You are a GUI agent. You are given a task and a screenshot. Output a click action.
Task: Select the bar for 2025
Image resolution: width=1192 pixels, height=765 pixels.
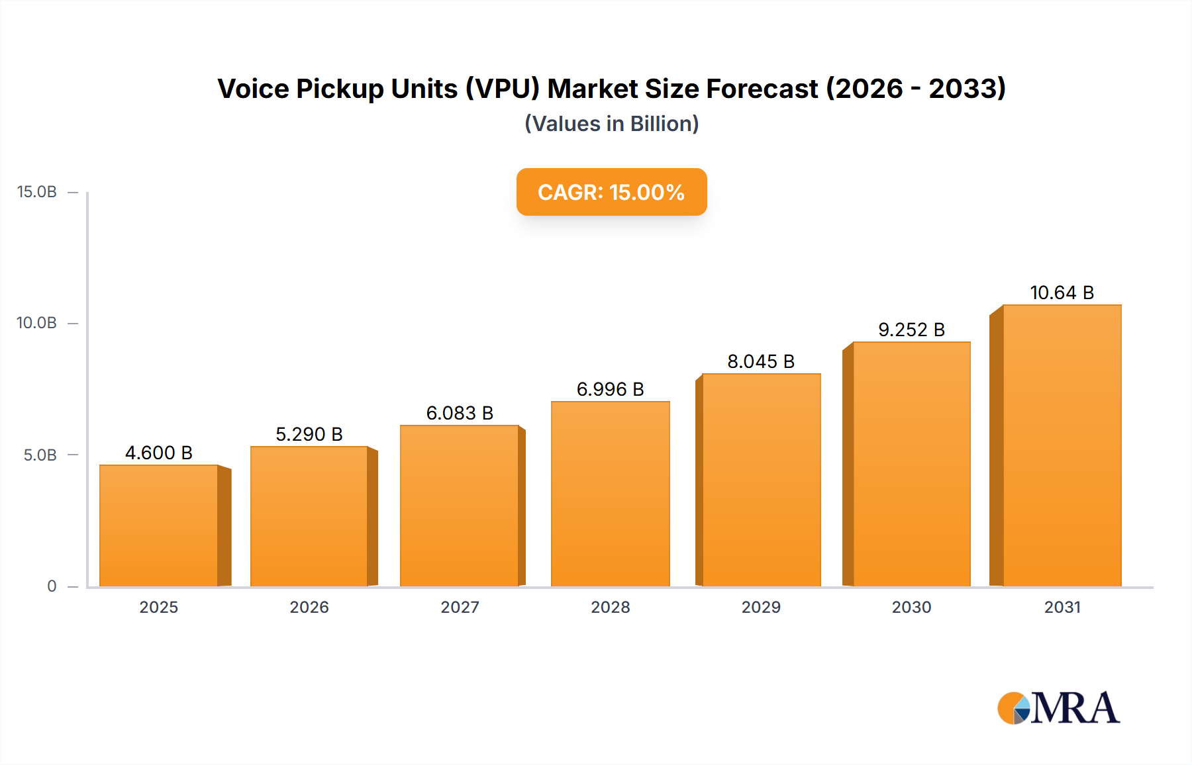click(159, 525)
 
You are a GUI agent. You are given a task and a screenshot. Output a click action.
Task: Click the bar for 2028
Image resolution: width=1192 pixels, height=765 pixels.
click(610, 494)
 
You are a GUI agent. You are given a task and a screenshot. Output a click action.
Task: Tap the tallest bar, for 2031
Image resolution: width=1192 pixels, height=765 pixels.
click(1062, 445)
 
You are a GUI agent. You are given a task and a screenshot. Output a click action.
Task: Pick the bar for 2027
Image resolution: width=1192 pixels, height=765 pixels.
click(460, 506)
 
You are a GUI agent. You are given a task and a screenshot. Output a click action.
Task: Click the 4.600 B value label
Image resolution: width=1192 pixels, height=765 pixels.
click(159, 453)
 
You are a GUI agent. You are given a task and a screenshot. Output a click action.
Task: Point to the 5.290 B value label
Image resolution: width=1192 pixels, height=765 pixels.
click(309, 434)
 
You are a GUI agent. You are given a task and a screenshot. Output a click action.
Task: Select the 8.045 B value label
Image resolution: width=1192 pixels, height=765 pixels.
click(761, 361)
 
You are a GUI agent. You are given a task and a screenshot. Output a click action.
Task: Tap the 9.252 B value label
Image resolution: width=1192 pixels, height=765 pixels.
click(911, 330)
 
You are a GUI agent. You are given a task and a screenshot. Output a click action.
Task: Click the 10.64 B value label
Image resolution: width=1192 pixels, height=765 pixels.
click(1062, 292)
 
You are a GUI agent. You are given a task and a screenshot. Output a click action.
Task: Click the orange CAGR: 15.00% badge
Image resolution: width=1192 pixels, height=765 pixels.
click(611, 192)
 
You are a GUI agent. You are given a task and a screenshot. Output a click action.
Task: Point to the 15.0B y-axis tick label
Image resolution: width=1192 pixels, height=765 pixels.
click(37, 192)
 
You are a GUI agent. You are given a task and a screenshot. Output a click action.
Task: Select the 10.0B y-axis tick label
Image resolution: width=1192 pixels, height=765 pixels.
click(37, 323)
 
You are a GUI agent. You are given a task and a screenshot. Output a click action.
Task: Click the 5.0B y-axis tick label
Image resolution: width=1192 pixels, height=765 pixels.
click(40, 455)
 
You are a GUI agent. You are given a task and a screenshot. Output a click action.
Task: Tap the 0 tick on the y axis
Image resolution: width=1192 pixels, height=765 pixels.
click(52, 586)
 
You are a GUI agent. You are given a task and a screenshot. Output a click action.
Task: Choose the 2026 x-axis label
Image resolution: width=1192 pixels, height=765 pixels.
click(309, 607)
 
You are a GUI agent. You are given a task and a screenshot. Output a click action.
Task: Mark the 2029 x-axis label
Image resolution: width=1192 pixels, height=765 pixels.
click(761, 607)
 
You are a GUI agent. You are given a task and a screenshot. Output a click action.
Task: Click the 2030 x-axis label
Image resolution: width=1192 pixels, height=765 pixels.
click(911, 607)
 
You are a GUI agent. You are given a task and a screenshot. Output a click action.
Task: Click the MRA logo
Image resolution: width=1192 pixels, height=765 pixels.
click(1058, 708)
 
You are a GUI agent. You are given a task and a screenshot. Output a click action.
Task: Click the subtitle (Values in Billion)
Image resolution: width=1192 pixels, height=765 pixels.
click(611, 124)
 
